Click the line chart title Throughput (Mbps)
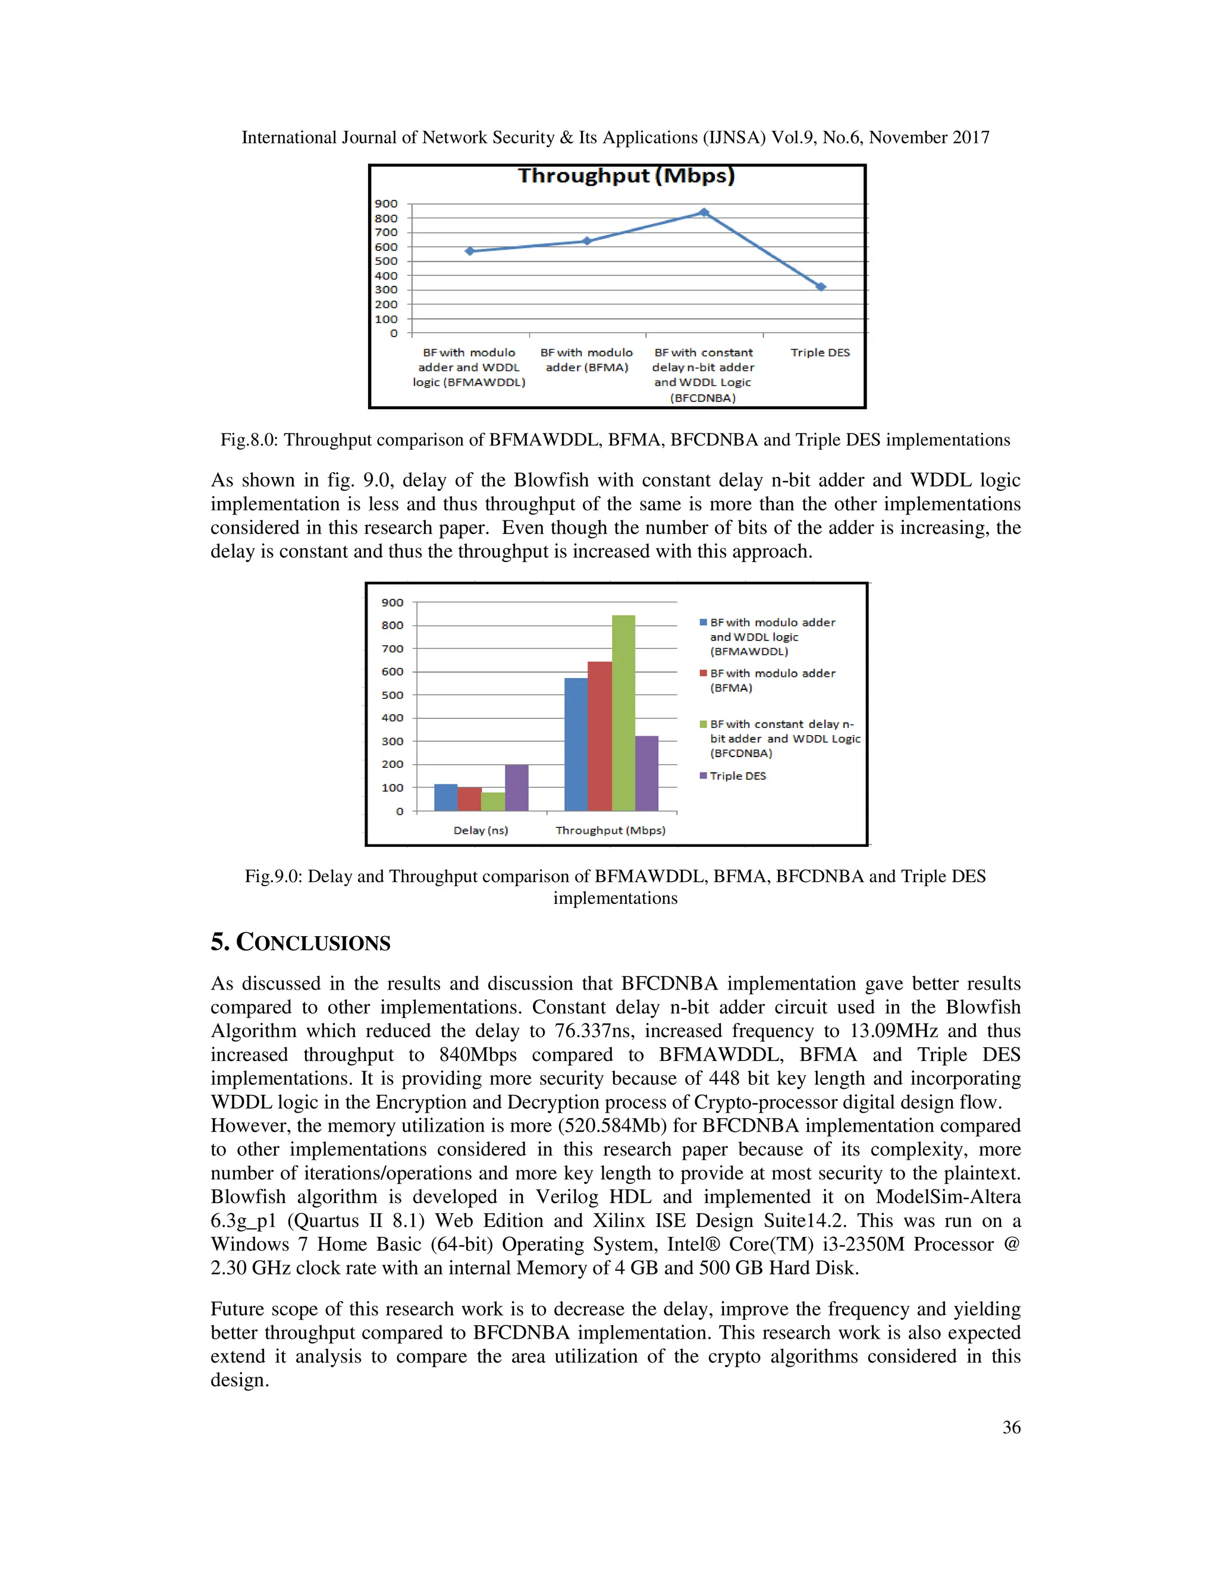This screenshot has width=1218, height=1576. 626,176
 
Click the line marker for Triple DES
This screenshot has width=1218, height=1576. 820,287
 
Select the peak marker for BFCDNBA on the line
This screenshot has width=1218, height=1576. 704,213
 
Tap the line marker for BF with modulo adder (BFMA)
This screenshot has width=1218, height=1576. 586,241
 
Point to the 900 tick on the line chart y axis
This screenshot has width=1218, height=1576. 386,203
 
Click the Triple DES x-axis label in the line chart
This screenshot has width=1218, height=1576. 820,353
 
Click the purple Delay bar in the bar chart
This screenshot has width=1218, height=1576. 517,788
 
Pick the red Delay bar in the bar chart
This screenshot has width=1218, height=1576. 470,799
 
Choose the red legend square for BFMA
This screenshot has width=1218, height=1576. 703,673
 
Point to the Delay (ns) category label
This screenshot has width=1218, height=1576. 481,831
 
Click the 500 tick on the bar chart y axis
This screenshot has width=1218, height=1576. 393,695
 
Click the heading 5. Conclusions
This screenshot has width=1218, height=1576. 300,943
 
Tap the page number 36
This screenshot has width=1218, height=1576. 1011,1427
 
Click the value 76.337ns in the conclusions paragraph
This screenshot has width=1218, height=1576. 595,1031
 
